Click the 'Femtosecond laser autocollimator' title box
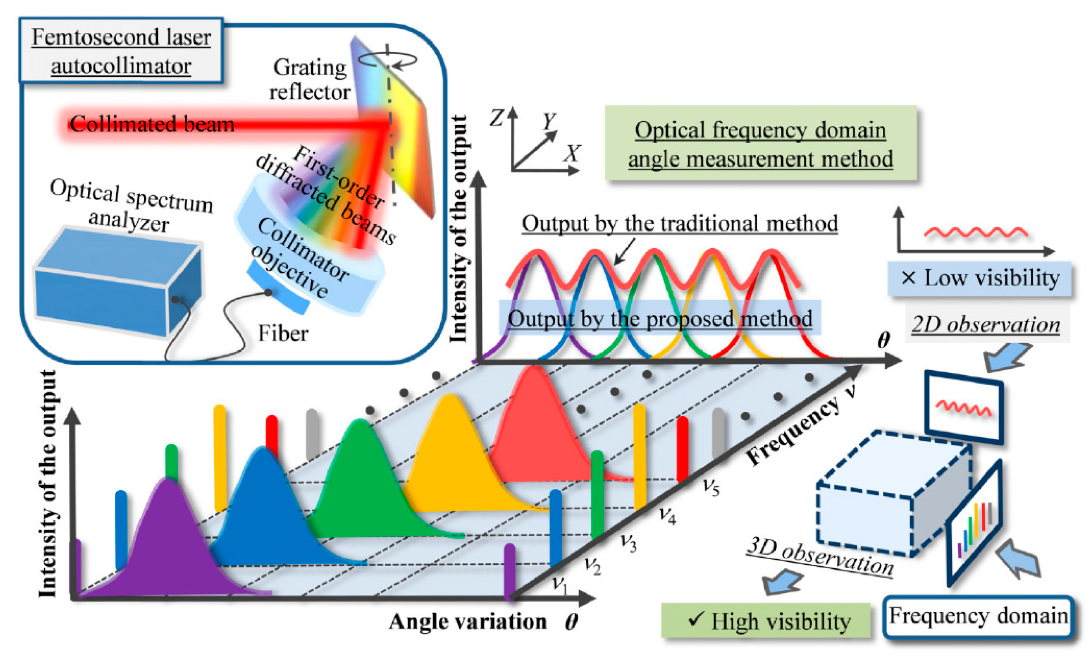121,51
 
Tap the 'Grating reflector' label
310,80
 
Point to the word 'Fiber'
283,333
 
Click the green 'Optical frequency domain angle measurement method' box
760,144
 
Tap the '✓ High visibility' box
766,621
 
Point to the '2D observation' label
986,325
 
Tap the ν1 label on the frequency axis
560,585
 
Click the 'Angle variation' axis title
467,622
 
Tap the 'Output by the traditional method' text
679,224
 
